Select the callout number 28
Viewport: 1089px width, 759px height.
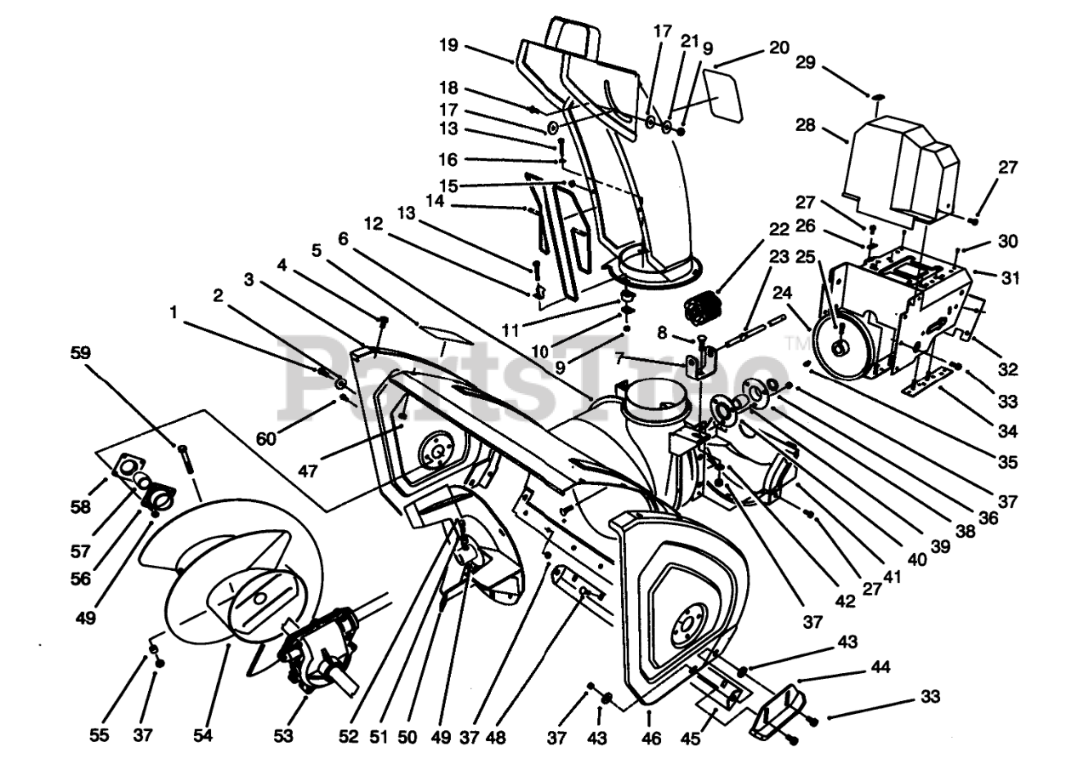[805, 126]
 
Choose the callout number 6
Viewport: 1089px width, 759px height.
[343, 240]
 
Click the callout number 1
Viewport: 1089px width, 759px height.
[174, 312]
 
